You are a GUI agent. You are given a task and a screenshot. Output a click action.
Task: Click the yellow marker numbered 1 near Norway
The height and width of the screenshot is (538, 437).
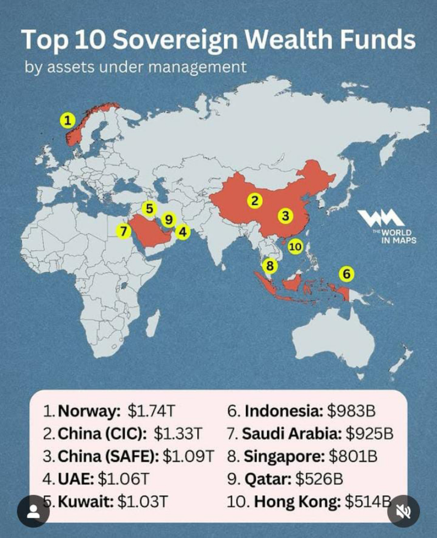(x=67, y=120)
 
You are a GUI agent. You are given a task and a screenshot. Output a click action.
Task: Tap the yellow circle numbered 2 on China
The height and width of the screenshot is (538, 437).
(x=255, y=201)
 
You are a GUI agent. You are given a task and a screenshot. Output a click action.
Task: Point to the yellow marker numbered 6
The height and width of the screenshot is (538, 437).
(x=347, y=274)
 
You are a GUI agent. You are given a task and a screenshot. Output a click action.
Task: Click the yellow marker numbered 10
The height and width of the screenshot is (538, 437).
(x=295, y=246)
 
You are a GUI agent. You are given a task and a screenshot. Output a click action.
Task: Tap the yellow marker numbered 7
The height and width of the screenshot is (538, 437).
(x=124, y=231)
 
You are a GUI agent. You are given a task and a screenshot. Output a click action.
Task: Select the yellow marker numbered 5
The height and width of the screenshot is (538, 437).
(x=149, y=209)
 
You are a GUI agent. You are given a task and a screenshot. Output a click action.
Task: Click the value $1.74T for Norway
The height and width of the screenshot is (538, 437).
(x=151, y=412)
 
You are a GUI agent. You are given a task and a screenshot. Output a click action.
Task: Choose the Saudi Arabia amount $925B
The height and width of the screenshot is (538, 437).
(x=369, y=434)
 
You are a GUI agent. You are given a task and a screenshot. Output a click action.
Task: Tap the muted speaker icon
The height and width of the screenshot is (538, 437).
(x=403, y=511)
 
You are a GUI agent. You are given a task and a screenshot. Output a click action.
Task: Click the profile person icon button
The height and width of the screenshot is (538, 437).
(x=33, y=511)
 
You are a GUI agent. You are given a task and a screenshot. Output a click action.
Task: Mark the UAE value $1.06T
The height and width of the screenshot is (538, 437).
(x=124, y=479)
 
